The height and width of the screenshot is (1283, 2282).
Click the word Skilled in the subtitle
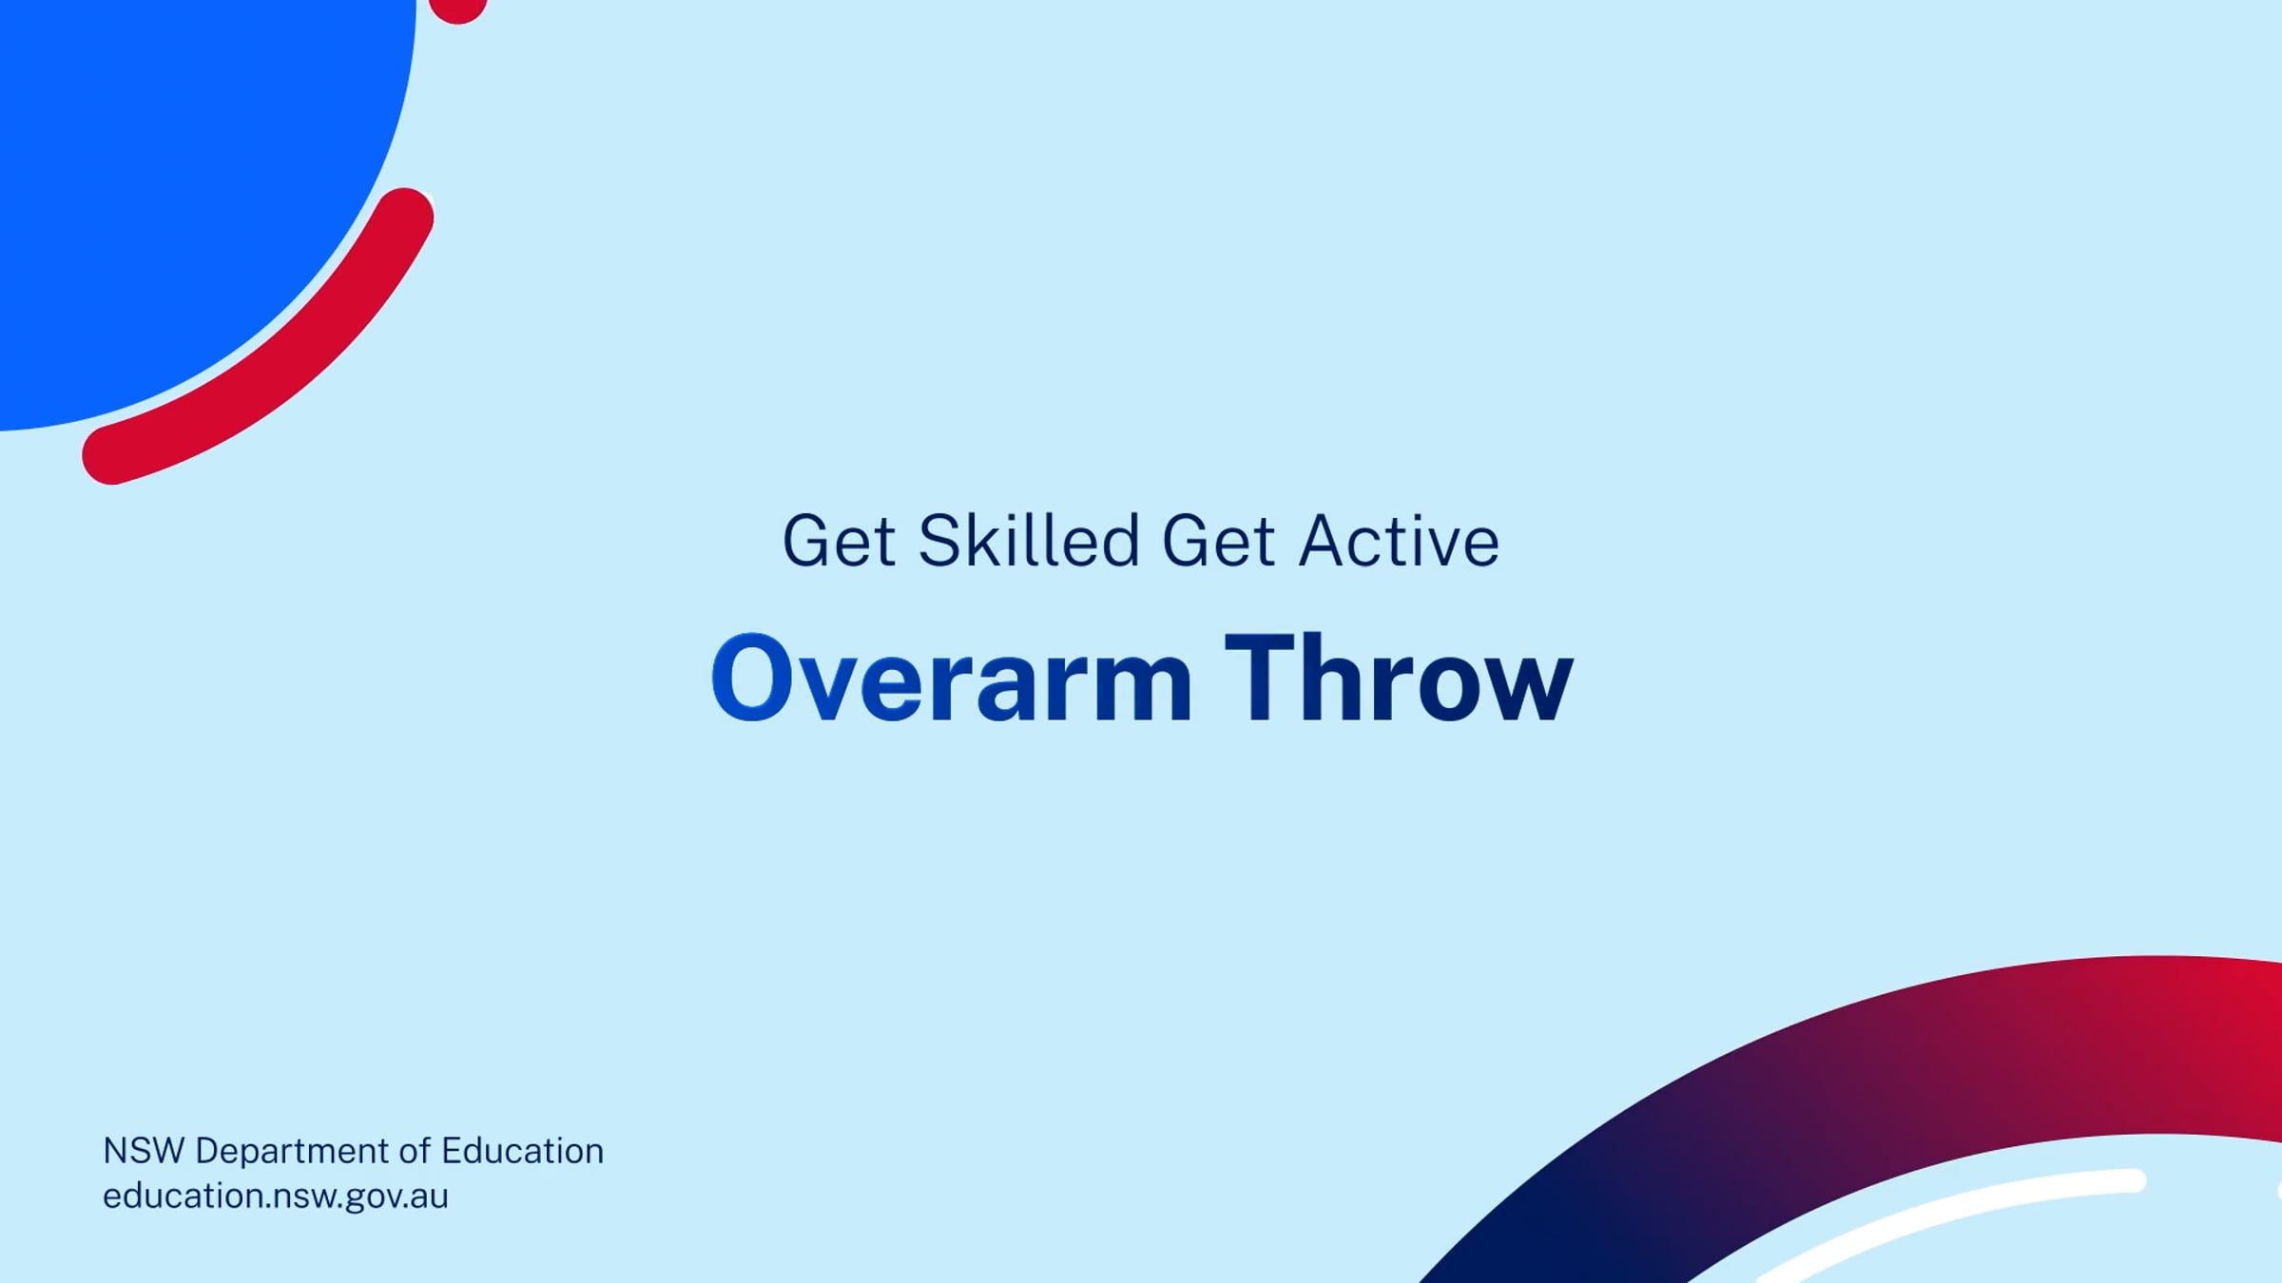click(1029, 541)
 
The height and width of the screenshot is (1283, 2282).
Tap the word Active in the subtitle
click(1400, 541)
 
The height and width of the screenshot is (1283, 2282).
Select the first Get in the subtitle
click(839, 541)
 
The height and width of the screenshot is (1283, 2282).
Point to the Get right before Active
click(1218, 541)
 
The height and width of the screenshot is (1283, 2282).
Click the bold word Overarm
click(952, 678)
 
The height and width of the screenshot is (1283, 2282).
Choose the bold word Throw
click(1399, 677)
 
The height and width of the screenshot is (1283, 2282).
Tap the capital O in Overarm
click(751, 678)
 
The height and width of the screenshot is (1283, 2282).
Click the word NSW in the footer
click(144, 1151)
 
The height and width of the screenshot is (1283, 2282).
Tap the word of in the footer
click(415, 1151)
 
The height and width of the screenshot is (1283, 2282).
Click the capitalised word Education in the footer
click(523, 1151)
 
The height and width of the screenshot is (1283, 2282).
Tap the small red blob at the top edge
click(458, 9)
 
